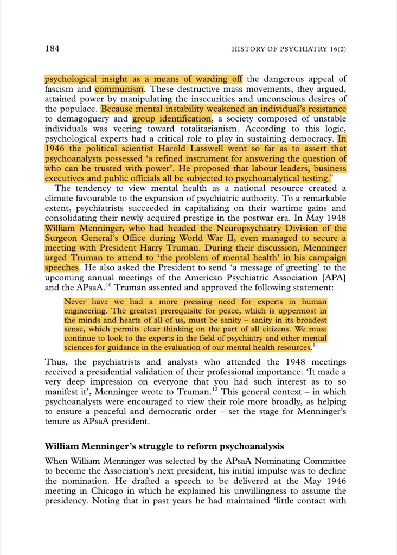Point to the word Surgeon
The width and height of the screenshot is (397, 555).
click(x=63, y=238)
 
